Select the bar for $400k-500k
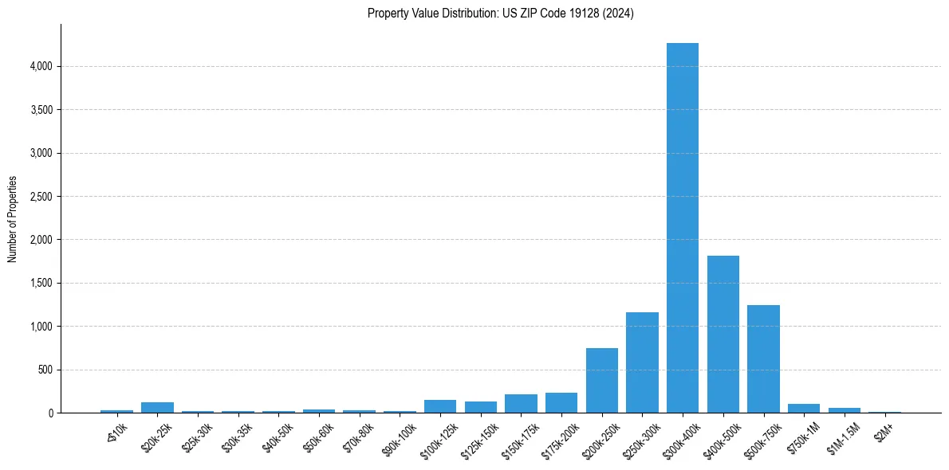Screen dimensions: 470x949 pyautogui.click(x=723, y=335)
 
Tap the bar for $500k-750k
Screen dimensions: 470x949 pyautogui.click(x=763, y=359)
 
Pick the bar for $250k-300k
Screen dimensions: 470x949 pyautogui.click(x=642, y=362)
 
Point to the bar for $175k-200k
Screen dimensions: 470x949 pyautogui.click(x=561, y=403)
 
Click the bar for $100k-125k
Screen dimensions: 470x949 pyautogui.click(x=440, y=406)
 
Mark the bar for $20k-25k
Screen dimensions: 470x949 pyautogui.click(x=157, y=408)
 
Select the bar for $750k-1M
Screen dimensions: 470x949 pyautogui.click(x=804, y=409)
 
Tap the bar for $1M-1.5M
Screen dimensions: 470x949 pyautogui.click(x=845, y=410)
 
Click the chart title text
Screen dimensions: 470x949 pyautogui.click(x=501, y=14)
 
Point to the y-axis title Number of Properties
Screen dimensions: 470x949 pyautogui.click(x=13, y=219)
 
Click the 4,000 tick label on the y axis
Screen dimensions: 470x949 pyautogui.click(x=40, y=66)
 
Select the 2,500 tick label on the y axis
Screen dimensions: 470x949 pyautogui.click(x=40, y=197)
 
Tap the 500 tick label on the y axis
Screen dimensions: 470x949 pyautogui.click(x=45, y=370)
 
